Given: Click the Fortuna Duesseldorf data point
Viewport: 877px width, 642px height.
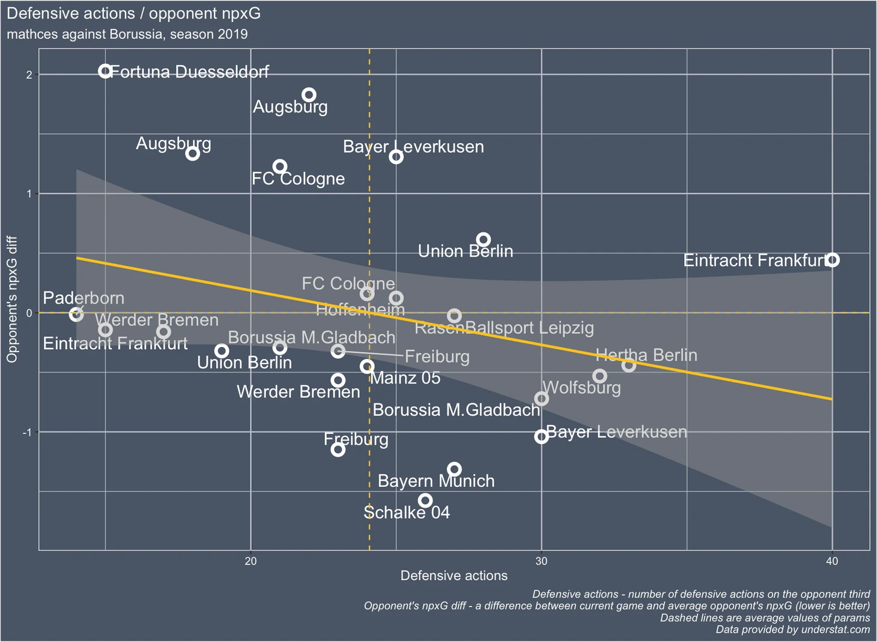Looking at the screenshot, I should (x=105, y=72).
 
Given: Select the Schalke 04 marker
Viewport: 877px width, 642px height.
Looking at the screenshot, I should (x=425, y=500).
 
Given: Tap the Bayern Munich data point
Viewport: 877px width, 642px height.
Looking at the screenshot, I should (x=454, y=469).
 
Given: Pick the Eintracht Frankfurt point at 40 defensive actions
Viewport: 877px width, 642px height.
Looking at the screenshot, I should (x=832, y=260).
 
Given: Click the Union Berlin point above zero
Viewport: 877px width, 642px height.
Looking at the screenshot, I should (x=483, y=240).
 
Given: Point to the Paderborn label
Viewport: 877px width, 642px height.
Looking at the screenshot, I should (x=83, y=298).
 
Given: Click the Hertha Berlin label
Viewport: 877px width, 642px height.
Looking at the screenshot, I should (x=646, y=355).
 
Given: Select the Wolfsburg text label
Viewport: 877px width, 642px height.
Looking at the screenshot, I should (x=581, y=388).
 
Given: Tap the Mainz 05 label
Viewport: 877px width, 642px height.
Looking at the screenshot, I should (x=405, y=378).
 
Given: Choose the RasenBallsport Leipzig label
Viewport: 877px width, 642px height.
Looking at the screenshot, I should (x=504, y=328).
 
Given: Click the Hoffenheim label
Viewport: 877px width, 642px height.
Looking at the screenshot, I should (x=360, y=310).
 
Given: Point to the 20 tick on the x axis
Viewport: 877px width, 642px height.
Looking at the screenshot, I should (x=250, y=561).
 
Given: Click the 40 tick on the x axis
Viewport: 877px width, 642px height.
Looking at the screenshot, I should (x=832, y=561).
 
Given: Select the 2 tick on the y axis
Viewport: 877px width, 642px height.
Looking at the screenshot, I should (x=29, y=75).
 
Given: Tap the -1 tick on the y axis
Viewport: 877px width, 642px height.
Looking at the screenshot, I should (x=26, y=433).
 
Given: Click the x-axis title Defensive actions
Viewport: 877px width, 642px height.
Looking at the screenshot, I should (x=454, y=576).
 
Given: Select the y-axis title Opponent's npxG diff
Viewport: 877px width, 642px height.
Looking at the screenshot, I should (x=12, y=299).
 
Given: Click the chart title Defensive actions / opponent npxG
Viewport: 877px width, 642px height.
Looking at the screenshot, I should (x=133, y=13).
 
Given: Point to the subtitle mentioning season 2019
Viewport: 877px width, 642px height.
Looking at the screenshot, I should (x=127, y=34).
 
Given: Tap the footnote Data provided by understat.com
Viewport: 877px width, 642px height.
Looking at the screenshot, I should (x=792, y=629).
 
